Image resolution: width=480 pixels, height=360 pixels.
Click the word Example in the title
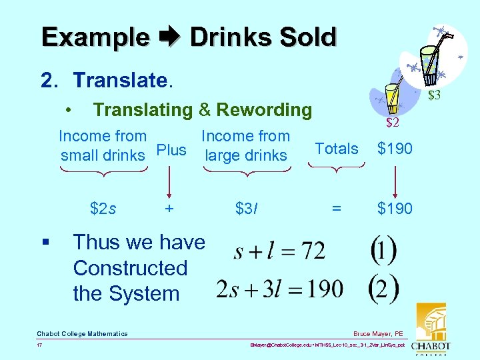(95, 37)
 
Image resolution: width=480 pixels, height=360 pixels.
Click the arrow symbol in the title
(169, 38)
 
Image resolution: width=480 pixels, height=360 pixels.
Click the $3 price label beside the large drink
(434, 95)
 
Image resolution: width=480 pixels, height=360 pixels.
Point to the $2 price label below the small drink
(392, 122)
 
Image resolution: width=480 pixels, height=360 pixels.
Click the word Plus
(171, 150)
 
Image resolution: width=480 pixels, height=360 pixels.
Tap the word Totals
(336, 149)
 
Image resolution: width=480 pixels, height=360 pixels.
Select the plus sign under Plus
(170, 209)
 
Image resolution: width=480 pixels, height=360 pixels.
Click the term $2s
(103, 209)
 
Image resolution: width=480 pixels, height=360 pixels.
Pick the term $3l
(247, 209)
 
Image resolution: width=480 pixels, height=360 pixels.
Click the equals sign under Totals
(337, 209)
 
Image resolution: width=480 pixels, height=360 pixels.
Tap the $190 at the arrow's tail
(395, 149)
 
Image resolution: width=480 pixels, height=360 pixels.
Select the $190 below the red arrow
(395, 209)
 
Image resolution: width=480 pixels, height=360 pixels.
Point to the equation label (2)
(383, 288)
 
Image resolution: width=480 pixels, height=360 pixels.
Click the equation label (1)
(383, 251)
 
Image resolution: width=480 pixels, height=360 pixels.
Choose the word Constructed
(130, 268)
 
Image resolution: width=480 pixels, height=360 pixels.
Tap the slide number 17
(40, 345)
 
